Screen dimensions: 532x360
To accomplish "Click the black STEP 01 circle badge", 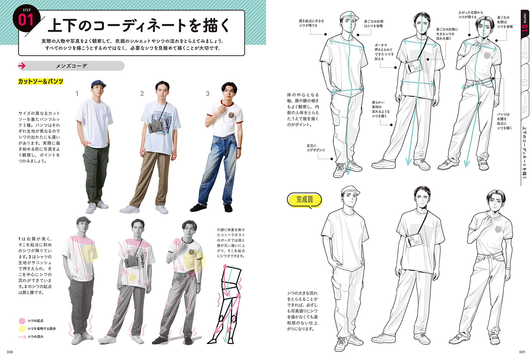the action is pos(27,19).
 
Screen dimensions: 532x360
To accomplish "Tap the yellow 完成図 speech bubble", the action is pos(305,200).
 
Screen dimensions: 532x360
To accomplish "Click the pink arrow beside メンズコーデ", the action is pos(22,66).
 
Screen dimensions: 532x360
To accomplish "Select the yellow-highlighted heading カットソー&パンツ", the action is pos(40,81).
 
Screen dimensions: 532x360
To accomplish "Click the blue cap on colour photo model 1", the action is pos(98,84).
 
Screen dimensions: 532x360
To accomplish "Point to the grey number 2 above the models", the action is pos(142,94).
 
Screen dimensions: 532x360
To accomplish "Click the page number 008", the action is pos(10,352).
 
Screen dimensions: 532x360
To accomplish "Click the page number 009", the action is pos(522,352).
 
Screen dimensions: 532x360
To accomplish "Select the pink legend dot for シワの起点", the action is pos(22,321).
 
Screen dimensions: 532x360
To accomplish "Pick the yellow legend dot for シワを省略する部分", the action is pos(22,329).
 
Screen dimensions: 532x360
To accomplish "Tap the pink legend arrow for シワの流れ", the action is pos(22,337).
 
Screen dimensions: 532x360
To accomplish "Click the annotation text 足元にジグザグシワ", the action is pos(316,148).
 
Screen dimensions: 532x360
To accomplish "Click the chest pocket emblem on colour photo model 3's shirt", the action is pos(231,115).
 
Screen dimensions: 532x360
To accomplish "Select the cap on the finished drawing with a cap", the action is pos(350,190).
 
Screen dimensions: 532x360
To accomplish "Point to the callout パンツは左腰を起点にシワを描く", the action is pos(503,121).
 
